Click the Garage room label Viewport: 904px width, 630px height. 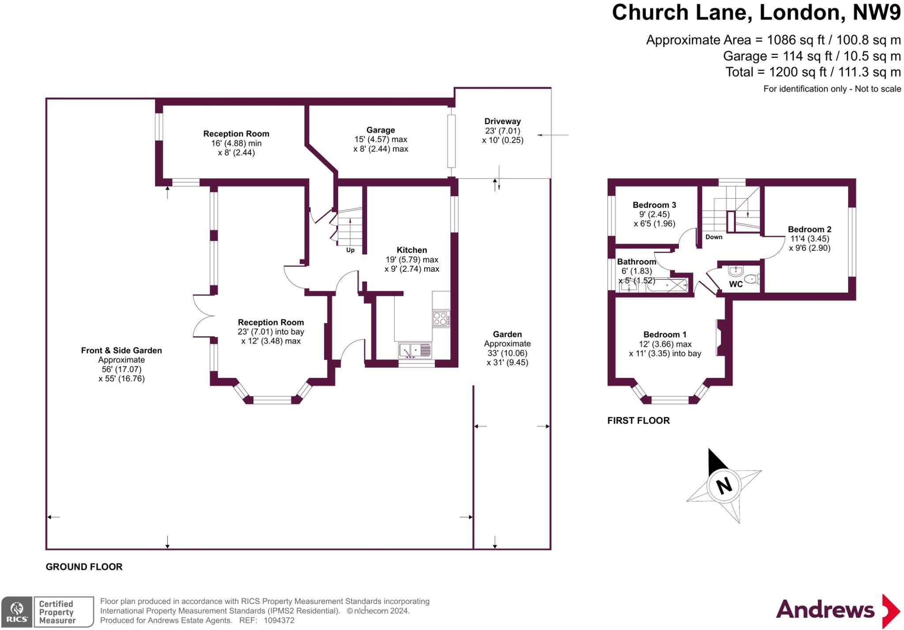coord(380,130)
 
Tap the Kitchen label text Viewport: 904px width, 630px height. coord(411,250)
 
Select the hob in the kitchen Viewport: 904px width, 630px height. coord(441,318)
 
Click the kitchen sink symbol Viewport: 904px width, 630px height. coord(415,351)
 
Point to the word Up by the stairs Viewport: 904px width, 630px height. coord(350,250)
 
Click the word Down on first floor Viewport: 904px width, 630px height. coord(714,237)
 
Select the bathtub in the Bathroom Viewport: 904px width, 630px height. coord(667,286)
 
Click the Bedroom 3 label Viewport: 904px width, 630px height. coord(654,205)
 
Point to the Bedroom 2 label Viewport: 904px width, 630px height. coord(810,229)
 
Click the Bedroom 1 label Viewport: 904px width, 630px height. coord(665,335)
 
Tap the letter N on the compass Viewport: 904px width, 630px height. coord(724,486)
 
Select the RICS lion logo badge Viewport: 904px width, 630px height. coord(16,612)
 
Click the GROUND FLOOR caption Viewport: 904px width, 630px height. coord(84,567)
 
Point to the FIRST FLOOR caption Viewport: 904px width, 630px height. coord(638,421)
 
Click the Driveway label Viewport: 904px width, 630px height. coord(502,121)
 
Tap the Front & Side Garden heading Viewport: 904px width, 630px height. coord(121,351)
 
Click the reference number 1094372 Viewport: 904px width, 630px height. coord(279,620)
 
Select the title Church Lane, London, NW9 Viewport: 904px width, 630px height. coord(756,12)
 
